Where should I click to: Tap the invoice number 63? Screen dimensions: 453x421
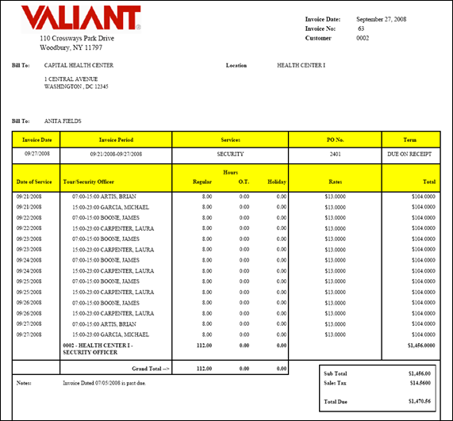click(361, 28)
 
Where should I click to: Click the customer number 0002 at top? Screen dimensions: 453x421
click(363, 37)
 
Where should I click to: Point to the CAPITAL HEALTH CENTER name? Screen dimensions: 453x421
click(79, 65)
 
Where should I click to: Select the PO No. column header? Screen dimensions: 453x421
click(334, 140)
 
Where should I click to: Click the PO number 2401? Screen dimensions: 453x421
click(334, 154)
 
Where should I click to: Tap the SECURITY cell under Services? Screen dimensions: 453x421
click(231, 154)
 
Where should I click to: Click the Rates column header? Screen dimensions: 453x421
click(334, 182)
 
